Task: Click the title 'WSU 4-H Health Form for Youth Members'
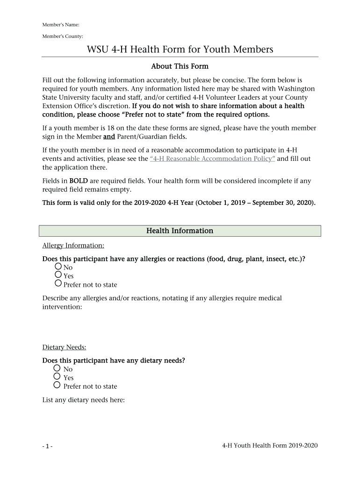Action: click(x=180, y=49)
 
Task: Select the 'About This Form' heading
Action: click(x=180, y=66)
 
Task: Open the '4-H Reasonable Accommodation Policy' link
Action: click(x=212, y=159)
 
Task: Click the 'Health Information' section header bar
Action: click(x=180, y=231)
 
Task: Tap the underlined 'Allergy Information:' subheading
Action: click(x=73, y=245)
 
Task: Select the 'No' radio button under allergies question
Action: click(x=58, y=266)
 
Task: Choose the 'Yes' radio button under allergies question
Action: click(x=58, y=275)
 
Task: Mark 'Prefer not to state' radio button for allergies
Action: click(x=58, y=283)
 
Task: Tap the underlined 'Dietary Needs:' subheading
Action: click(x=65, y=347)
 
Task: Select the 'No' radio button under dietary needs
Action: click(x=57, y=368)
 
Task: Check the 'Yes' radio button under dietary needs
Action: click(x=57, y=377)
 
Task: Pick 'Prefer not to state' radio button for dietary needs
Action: click(x=57, y=385)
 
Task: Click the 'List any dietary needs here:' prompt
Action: click(x=83, y=400)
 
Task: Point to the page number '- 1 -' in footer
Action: click(x=47, y=446)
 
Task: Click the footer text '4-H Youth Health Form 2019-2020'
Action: click(x=270, y=445)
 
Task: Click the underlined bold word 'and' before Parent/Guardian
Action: click(x=109, y=137)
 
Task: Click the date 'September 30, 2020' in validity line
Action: click(x=282, y=203)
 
